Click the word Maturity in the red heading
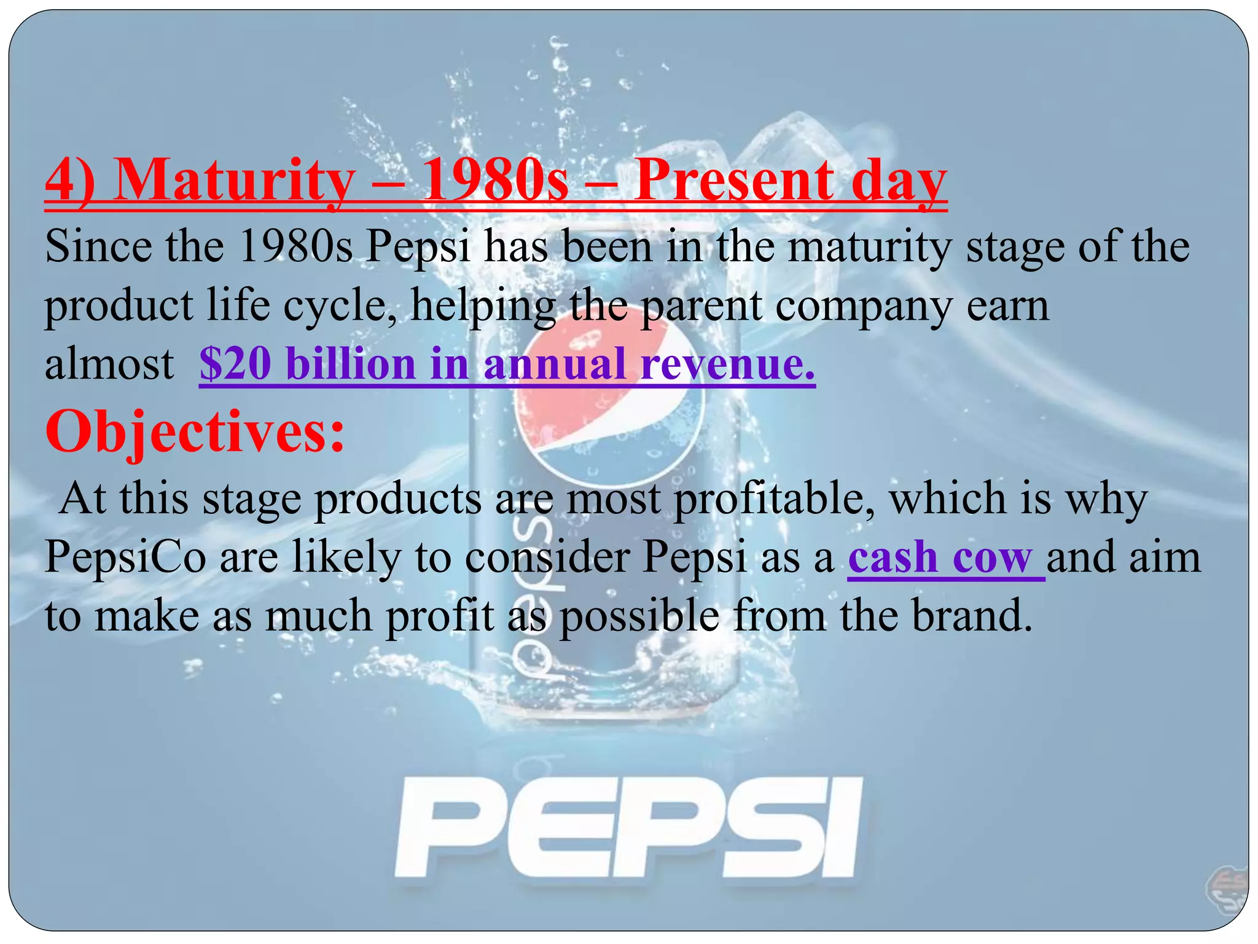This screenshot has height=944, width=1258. [233, 181]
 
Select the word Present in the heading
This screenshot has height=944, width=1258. [734, 181]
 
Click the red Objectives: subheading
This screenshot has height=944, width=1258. [195, 432]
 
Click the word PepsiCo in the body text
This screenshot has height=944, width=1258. [125, 557]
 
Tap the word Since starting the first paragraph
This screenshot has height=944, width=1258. [98, 247]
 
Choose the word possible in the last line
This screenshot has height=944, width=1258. [639, 616]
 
